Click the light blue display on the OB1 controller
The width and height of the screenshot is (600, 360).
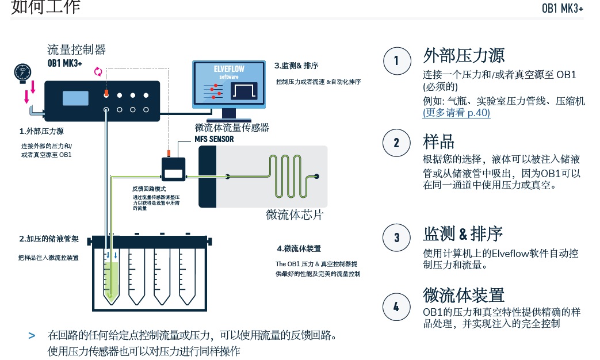[75, 98]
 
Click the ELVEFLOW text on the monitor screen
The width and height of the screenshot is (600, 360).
[228, 69]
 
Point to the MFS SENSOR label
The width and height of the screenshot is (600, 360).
[214, 139]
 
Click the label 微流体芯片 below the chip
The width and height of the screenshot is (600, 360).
[295, 215]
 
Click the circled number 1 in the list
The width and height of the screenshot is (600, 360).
[396, 60]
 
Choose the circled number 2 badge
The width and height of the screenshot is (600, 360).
[396, 142]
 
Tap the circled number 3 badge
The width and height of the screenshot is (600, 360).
[396, 237]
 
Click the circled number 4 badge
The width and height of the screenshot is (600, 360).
[396, 306]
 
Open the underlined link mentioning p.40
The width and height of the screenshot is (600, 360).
[456, 113]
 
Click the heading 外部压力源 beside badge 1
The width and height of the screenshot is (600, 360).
[464, 56]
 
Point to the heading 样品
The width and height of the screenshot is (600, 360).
[439, 141]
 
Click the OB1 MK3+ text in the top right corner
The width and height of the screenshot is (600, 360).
[563, 8]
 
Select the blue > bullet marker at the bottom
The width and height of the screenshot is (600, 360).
[32, 335]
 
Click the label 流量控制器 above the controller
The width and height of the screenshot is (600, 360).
[77, 50]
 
